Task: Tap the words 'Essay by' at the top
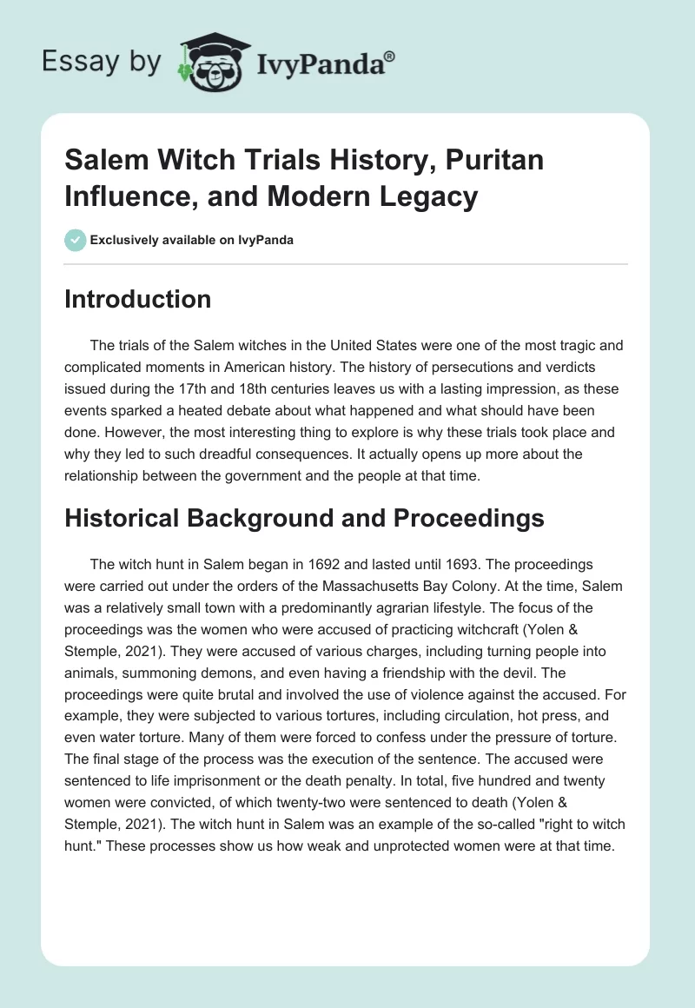click(x=101, y=61)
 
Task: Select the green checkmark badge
click(x=75, y=240)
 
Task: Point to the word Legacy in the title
click(x=423, y=196)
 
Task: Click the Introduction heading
click(x=138, y=299)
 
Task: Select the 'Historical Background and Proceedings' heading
click(x=304, y=518)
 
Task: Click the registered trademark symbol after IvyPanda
click(x=390, y=56)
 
